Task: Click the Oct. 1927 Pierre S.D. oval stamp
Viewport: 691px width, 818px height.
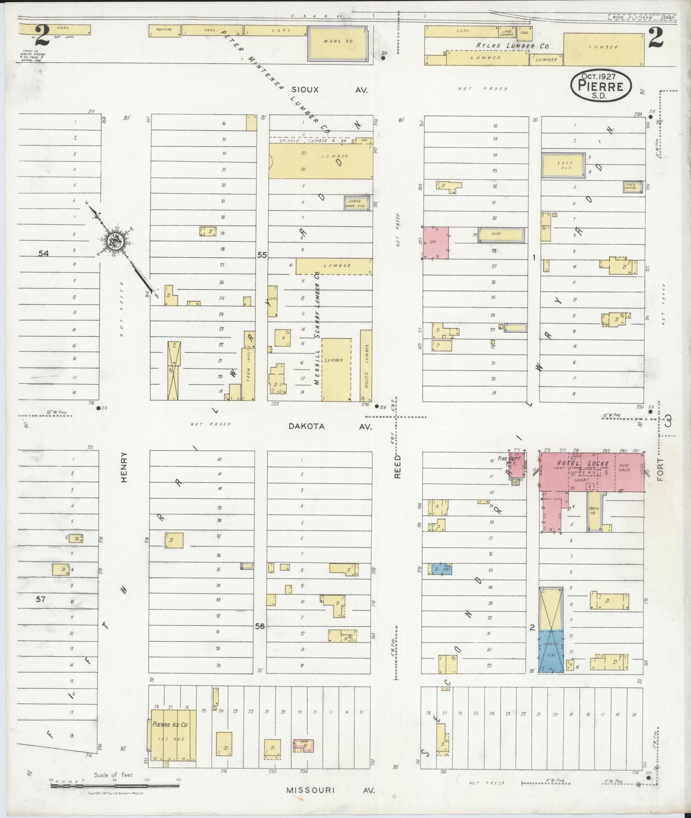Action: [601, 85]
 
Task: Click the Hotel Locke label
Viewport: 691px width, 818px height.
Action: [582, 463]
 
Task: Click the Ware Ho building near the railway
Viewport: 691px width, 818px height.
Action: [338, 44]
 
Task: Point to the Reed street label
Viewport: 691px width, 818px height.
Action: [397, 466]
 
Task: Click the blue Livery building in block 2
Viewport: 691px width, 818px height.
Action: [551, 652]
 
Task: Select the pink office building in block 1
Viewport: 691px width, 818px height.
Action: [436, 243]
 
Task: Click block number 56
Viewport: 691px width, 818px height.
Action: [260, 626]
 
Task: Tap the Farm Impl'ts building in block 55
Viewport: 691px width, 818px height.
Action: [249, 367]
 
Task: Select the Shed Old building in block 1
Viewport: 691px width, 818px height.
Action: [563, 165]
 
